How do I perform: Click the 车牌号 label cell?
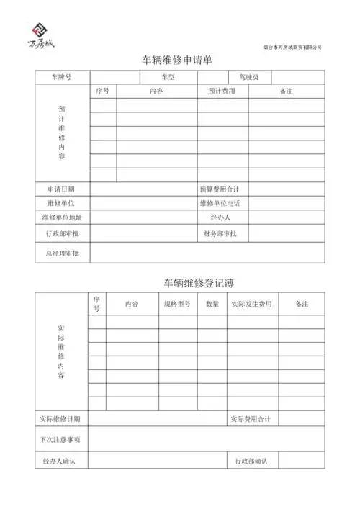point(61,77)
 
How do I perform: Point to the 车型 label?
point(168,77)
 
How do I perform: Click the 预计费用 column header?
point(222,91)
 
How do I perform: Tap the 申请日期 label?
point(60,189)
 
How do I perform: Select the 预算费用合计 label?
point(220,189)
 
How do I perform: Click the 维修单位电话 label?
point(220,203)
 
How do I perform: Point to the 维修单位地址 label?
point(62,217)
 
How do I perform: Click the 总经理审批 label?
point(62,253)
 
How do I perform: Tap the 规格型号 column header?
point(176,304)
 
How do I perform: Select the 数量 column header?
point(212,304)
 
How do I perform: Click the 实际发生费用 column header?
point(252,304)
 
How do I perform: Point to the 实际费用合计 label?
point(251,418)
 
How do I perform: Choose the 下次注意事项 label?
point(60,438)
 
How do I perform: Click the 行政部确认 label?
point(251,460)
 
